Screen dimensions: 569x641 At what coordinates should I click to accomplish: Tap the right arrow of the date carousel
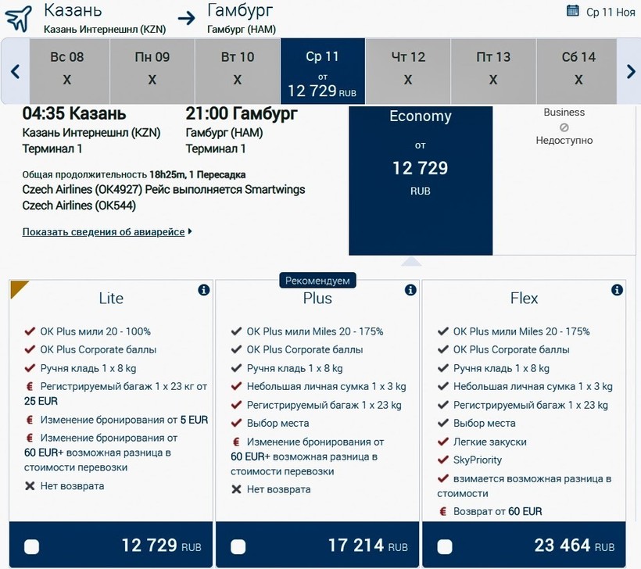tap(631, 71)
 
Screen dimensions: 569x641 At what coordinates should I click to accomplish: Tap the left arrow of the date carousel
tap(15, 71)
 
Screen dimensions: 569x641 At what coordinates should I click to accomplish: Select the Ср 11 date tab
tap(322, 71)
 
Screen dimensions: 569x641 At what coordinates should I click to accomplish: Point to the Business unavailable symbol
tap(564, 127)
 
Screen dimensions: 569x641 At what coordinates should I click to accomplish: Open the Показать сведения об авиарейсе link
tap(104, 232)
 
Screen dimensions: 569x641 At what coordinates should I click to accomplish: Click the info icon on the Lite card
tap(204, 290)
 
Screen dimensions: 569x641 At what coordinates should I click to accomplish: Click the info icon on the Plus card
tap(410, 290)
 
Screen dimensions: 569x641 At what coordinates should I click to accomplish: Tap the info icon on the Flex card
tap(617, 290)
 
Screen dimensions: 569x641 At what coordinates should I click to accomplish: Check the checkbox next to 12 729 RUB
tap(32, 546)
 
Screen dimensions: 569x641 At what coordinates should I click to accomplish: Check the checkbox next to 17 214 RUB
tap(238, 546)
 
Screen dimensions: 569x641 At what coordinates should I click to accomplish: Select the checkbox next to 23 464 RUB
tap(445, 546)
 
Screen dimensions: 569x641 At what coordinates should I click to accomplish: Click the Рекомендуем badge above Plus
tap(317, 280)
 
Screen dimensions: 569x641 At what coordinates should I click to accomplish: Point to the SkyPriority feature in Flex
tap(478, 460)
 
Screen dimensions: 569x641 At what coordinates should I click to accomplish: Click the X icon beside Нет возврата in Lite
tap(30, 486)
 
